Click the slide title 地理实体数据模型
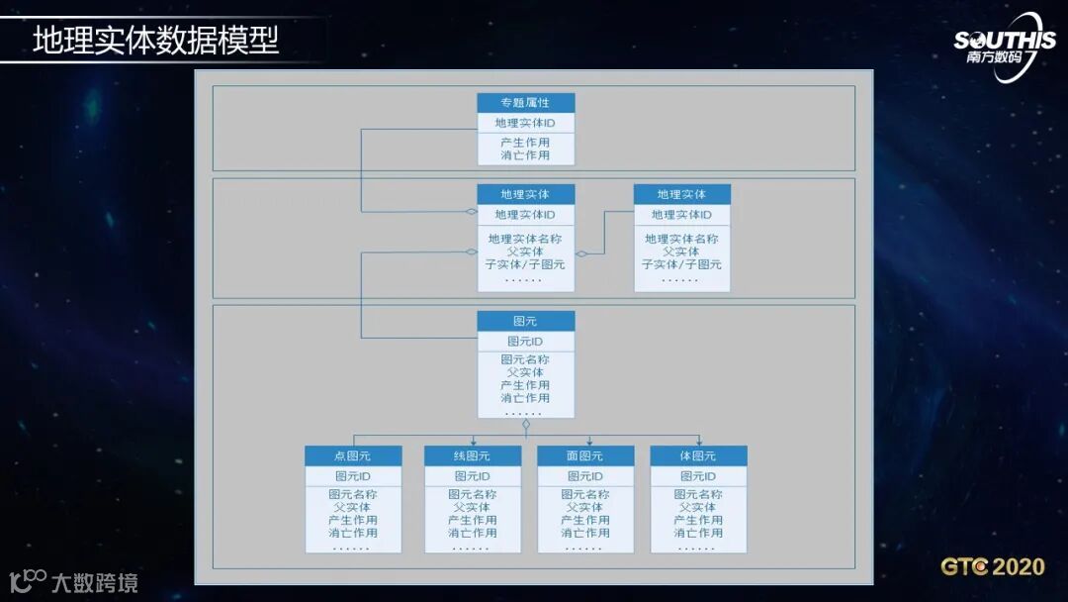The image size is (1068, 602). point(156,40)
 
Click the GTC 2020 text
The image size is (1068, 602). point(992,567)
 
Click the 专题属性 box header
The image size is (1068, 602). point(525,103)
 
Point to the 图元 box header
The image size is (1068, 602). point(525,321)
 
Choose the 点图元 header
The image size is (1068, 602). point(353,455)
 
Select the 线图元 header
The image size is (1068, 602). point(473,455)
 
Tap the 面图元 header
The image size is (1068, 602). point(585,455)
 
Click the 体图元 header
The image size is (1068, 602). point(698,455)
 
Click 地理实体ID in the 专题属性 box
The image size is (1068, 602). point(525,123)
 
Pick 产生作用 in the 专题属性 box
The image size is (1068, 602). point(525,143)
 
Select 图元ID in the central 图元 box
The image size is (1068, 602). point(525,342)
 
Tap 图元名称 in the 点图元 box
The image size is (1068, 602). point(353,494)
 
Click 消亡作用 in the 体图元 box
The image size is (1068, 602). point(698,533)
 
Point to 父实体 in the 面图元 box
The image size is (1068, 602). point(585,507)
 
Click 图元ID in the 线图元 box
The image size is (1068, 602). point(473,476)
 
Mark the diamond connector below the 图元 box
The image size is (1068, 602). point(526,424)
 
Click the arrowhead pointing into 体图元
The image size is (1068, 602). point(699,442)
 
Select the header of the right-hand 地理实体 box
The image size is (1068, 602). point(681,194)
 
